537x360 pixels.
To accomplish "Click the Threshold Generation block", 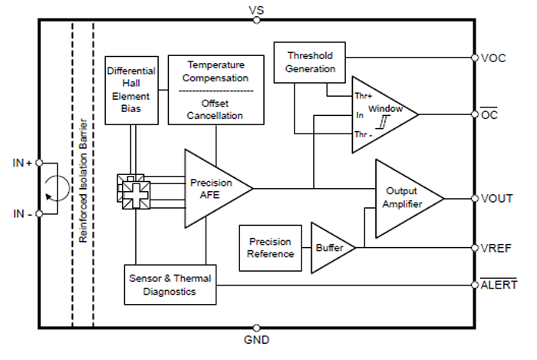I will pyautogui.click(x=311, y=62).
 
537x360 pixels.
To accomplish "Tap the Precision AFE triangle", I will pyautogui.click(x=212, y=188).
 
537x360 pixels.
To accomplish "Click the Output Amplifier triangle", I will pyautogui.click(x=404, y=198).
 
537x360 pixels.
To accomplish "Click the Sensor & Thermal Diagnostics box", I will pyautogui.click(x=170, y=284).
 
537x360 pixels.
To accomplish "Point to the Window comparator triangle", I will pyautogui.click(x=380, y=114).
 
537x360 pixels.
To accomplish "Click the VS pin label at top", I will pyautogui.click(x=256, y=8).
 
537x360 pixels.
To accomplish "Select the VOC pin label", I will pyautogui.click(x=494, y=58).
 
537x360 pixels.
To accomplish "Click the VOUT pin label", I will pyautogui.click(x=497, y=198).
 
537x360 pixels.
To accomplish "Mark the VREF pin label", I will pyautogui.click(x=496, y=248).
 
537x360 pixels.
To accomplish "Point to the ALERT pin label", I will pyautogui.click(x=499, y=285).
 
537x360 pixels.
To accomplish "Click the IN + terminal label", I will pyautogui.click(x=21, y=163).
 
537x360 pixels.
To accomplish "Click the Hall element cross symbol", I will pyautogui.click(x=133, y=190).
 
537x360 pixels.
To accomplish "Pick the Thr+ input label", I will pyautogui.click(x=362, y=97).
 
